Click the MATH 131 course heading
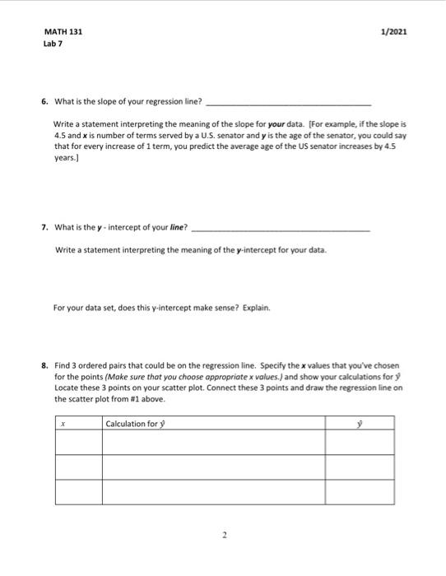[63, 32]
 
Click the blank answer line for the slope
[287, 104]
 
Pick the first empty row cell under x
[78, 443]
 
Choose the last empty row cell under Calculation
[212, 492]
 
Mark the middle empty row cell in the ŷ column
[359, 467]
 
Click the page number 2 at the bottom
[223, 534]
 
